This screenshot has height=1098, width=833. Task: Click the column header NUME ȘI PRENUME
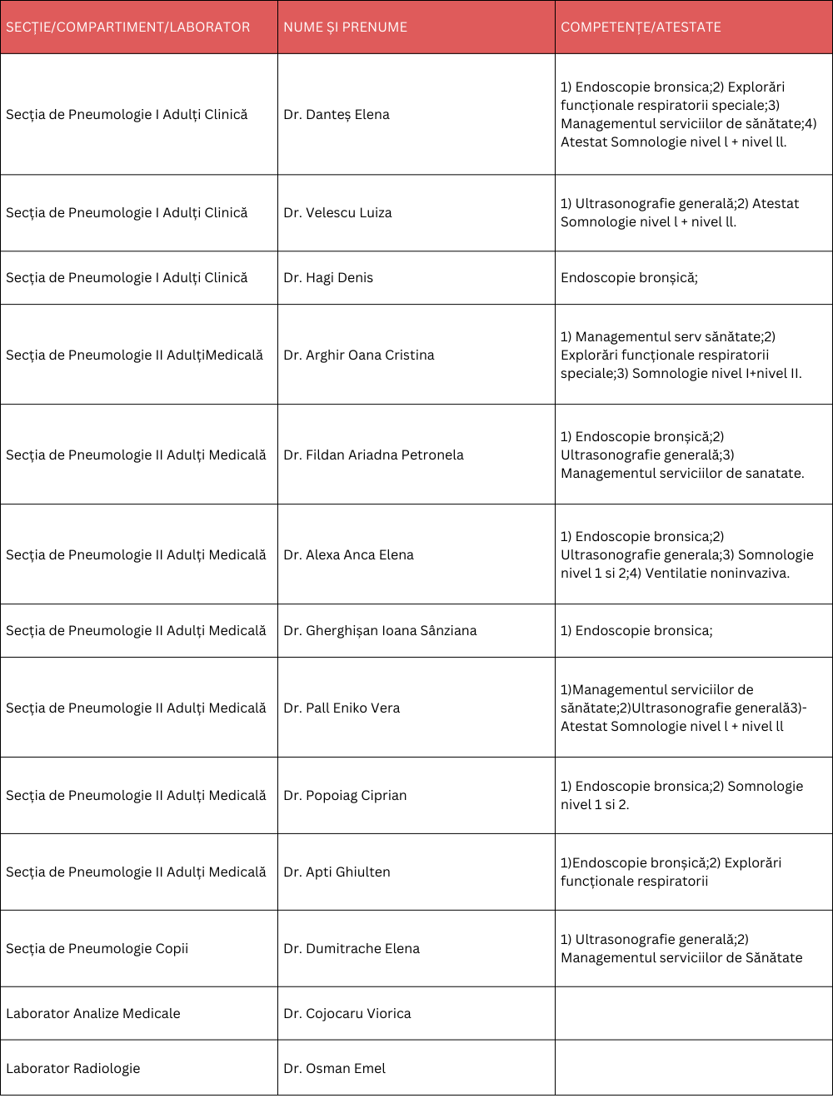(346, 27)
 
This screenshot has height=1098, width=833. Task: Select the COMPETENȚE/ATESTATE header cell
(641, 27)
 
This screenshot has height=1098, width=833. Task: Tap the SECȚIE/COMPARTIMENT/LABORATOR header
(128, 27)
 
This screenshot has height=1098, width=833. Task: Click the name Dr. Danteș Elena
(337, 115)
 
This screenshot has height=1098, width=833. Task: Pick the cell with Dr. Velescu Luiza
(337, 213)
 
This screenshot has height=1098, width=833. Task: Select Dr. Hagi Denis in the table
(328, 278)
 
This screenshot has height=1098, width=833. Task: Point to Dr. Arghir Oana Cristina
(359, 355)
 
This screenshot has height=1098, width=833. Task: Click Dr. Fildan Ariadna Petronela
(373, 455)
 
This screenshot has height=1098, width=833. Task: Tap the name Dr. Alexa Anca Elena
(348, 555)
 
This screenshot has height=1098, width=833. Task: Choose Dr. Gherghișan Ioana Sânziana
(380, 631)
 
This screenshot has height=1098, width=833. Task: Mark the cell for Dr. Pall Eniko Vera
(342, 708)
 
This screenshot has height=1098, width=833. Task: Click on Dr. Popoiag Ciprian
(345, 796)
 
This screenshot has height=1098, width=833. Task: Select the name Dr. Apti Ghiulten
(337, 872)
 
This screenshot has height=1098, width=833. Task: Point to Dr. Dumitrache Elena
(352, 949)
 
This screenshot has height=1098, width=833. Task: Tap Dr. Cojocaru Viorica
(347, 1014)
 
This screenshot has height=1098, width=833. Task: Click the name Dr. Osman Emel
(335, 1069)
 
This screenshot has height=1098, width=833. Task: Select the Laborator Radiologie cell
(73, 1069)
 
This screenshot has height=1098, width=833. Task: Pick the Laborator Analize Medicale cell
(93, 1014)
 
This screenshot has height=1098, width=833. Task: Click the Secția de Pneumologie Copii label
(97, 949)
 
